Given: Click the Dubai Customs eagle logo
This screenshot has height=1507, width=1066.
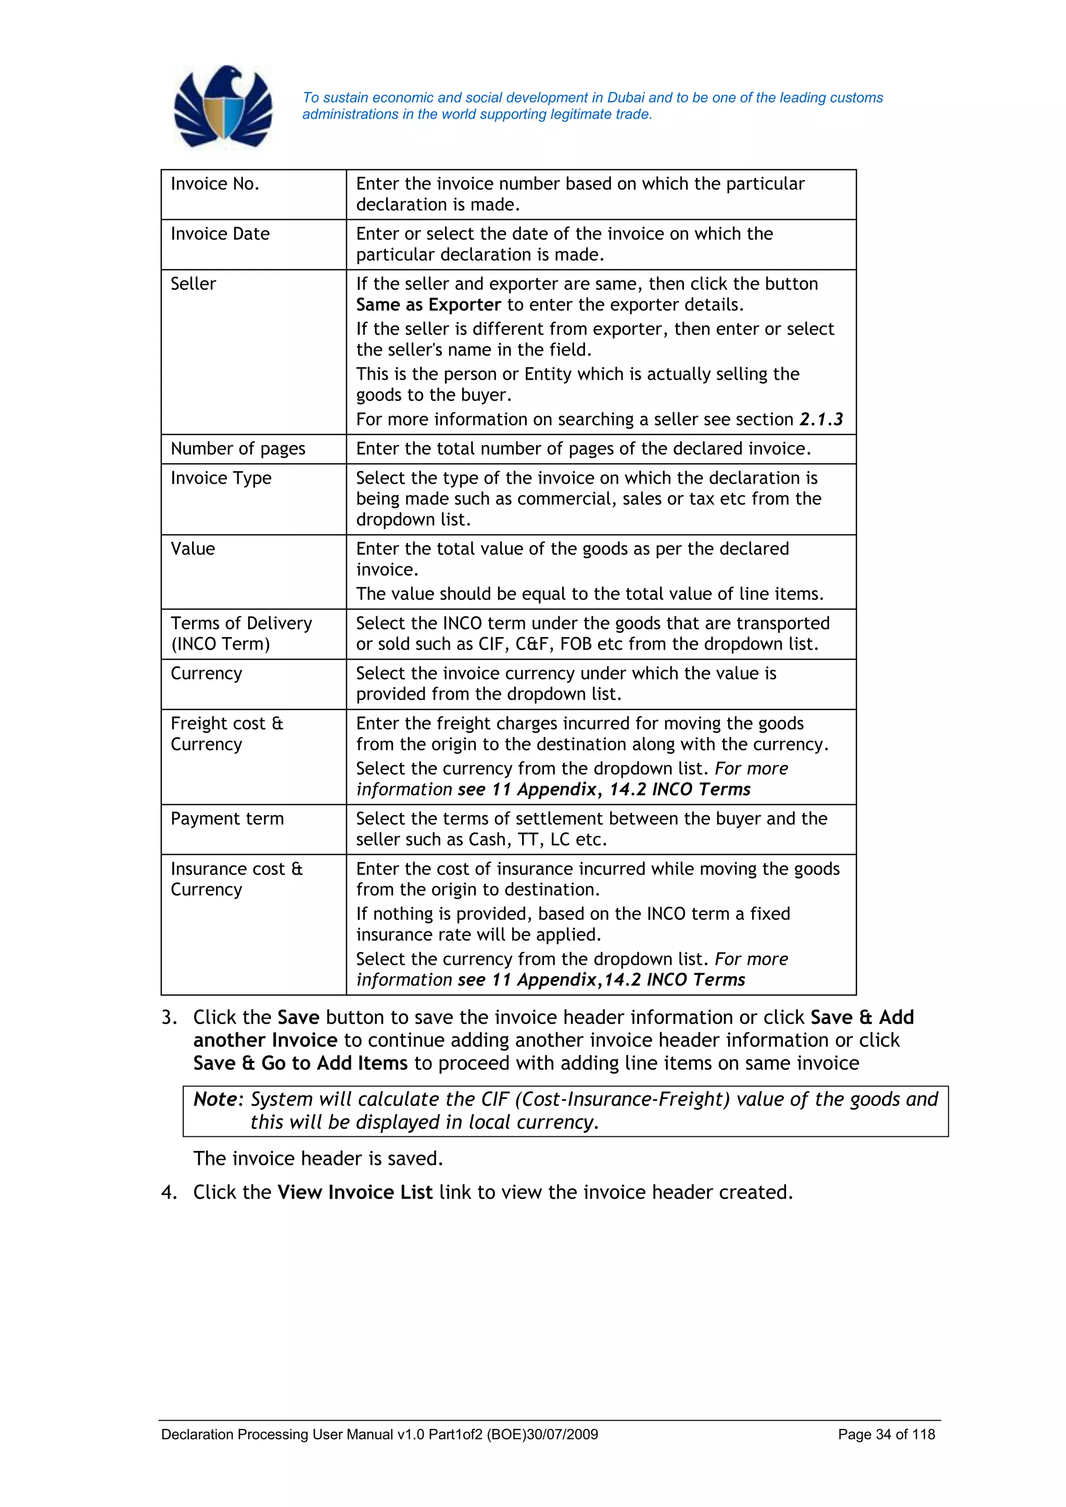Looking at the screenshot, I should pyautogui.click(x=223, y=107).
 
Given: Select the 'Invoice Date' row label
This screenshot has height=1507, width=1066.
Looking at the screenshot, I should pyautogui.click(x=220, y=234).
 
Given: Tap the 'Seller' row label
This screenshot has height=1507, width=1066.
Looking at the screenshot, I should pyautogui.click(x=193, y=284).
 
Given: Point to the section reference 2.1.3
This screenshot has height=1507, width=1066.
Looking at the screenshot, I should pyautogui.click(x=820, y=420).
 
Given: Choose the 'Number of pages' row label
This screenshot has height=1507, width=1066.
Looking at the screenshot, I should pyautogui.click(x=238, y=449).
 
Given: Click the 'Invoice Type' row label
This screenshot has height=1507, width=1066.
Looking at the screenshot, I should pyautogui.click(x=221, y=478).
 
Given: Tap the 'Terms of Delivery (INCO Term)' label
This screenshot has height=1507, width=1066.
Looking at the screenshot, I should pyautogui.click(x=241, y=634).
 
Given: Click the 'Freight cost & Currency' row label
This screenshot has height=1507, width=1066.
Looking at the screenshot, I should pyautogui.click(x=226, y=734).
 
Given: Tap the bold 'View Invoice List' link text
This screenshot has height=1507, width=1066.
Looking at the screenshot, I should pyautogui.click(x=354, y=1192).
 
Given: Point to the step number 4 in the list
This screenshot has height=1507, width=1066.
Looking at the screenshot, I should pyautogui.click(x=169, y=1193).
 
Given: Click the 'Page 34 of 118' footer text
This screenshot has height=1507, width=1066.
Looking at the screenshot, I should pyautogui.click(x=885, y=1434).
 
